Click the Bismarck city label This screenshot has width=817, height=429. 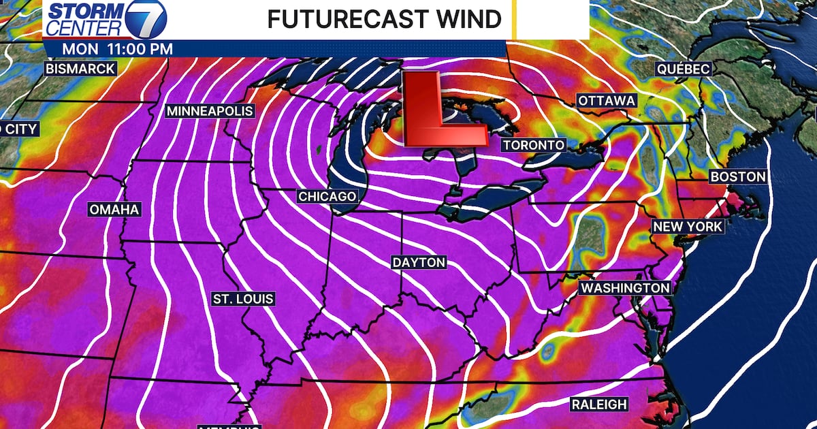(80, 69)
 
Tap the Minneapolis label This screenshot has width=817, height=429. (210, 111)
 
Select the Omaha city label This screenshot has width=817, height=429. (114, 209)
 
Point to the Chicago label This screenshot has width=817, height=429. (327, 196)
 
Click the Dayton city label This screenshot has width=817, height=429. (419, 262)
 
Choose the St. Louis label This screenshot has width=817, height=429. (243, 299)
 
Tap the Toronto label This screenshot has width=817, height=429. (534, 145)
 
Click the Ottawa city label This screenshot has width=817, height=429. (607, 101)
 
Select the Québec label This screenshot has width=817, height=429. (683, 69)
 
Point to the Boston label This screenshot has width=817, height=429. (737, 177)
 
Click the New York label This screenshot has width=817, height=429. (688, 226)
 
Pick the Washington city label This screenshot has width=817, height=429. (624, 288)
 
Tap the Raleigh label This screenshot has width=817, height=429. (598, 404)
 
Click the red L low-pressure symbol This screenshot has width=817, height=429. (430, 109)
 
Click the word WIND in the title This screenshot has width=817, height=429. (469, 20)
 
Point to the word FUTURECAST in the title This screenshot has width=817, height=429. (347, 20)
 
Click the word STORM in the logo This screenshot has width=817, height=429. (84, 12)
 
